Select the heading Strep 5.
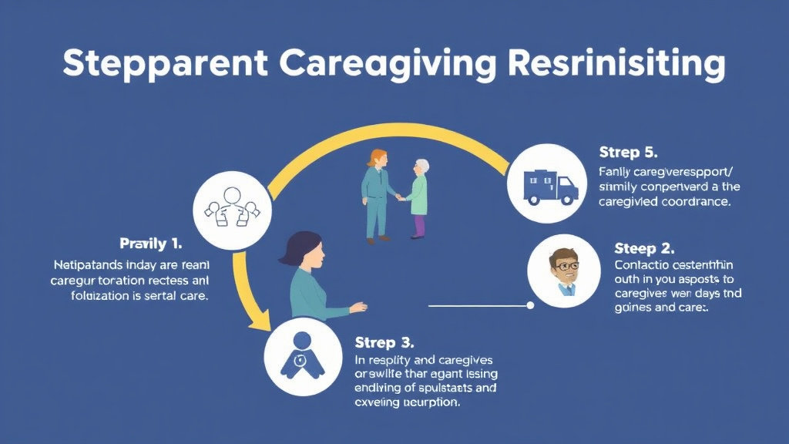tap(628, 152)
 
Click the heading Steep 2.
tap(644, 248)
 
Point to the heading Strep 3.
tap(384, 341)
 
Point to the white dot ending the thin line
tap(530, 306)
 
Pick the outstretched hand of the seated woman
tap(359, 308)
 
